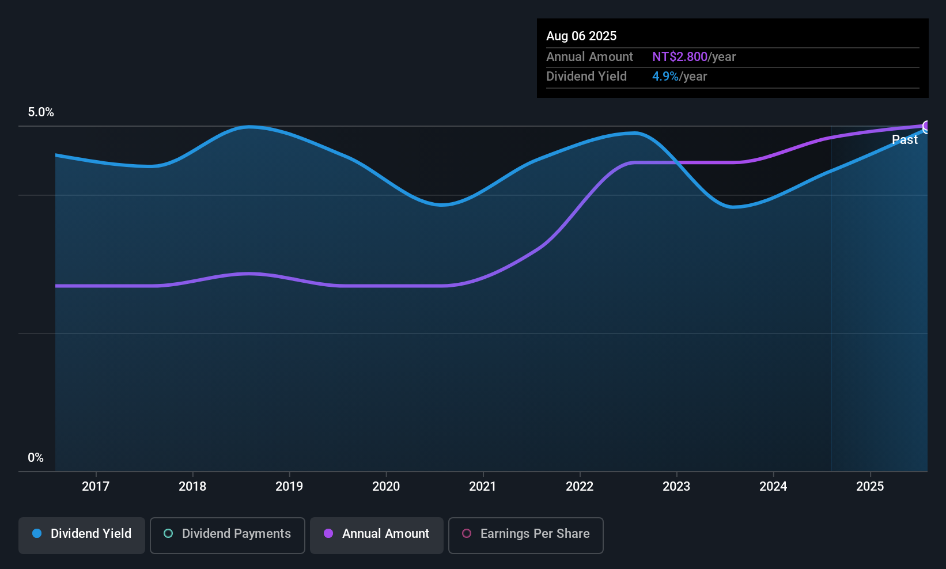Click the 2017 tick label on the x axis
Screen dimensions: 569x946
coord(96,486)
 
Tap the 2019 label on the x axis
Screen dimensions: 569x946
coord(289,486)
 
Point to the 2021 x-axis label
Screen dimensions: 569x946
coord(483,486)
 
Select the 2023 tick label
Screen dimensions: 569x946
coord(676,486)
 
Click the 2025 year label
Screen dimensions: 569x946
coord(870,486)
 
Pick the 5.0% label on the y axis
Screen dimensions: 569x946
coord(41,112)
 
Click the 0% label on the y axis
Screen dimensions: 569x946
coord(36,458)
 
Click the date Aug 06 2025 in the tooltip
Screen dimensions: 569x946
coord(581,36)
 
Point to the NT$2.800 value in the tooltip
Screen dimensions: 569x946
coord(679,57)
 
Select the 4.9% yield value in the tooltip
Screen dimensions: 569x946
coord(665,77)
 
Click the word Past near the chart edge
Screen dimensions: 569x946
coord(905,140)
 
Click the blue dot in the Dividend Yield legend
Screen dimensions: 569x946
coord(37,533)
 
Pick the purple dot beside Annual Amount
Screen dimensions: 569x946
coord(328,533)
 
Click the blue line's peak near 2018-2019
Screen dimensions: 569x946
coord(249,127)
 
